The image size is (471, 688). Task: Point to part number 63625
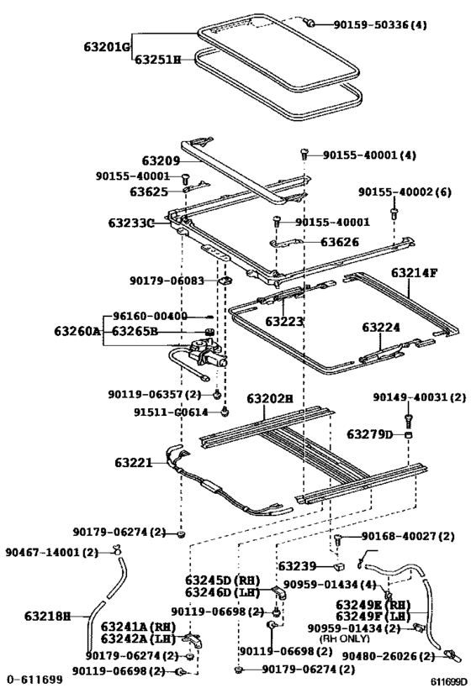point(149,192)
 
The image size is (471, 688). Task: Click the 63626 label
point(341,242)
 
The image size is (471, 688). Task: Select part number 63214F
point(415,273)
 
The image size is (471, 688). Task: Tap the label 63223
point(285,321)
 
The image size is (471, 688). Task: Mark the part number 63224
point(381,328)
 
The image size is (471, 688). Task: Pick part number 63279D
point(370,433)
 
